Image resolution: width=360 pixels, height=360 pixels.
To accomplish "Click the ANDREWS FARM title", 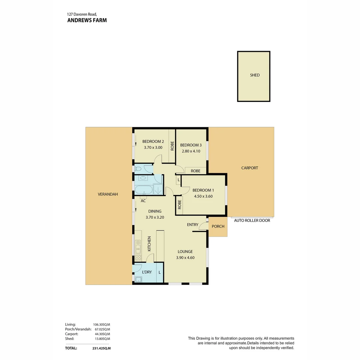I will [x=87, y=20].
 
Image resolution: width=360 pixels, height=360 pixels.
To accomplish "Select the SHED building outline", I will [x=254, y=76].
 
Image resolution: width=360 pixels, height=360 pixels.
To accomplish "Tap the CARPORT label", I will [x=249, y=168].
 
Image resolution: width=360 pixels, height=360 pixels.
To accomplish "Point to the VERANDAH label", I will [x=108, y=194].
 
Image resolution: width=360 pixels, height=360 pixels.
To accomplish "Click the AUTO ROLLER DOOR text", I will [x=252, y=220].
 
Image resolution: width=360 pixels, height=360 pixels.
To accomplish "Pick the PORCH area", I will [x=218, y=226].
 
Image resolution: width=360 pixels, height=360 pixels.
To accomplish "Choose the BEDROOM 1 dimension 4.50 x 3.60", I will [x=203, y=196].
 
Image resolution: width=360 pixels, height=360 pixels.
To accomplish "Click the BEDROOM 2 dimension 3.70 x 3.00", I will [x=153, y=147].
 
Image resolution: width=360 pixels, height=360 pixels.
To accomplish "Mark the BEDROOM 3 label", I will [x=191, y=145].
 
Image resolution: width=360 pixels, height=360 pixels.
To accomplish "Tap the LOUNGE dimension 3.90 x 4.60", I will [x=185, y=257].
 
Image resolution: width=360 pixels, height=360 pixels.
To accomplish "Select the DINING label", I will [x=155, y=211].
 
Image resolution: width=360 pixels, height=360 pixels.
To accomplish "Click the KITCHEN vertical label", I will [x=149, y=244].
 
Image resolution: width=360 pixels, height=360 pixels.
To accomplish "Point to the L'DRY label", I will [x=147, y=272].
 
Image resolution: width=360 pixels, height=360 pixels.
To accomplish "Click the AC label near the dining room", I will [x=143, y=201].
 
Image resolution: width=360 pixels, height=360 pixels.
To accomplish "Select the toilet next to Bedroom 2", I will [x=138, y=169].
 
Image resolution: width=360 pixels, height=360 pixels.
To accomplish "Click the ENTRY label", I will [x=192, y=225].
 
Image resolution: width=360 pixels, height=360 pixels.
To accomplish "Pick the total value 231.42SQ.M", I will [x=101, y=348].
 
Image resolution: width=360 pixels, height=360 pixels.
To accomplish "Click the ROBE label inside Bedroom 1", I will [x=179, y=204].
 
